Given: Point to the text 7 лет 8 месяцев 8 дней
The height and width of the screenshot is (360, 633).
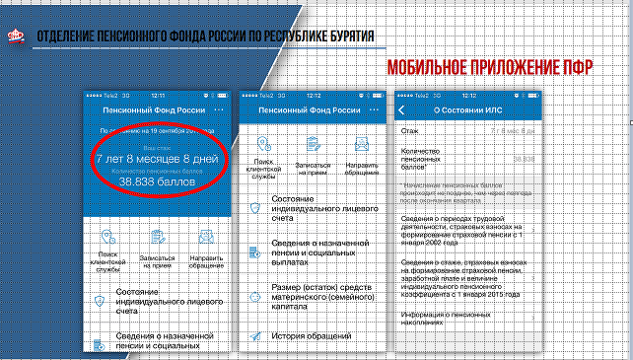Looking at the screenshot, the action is click(158, 158).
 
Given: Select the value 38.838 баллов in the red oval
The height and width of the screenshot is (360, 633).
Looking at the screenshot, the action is click(158, 181).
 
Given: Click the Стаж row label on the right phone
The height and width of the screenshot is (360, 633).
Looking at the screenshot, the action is click(409, 130).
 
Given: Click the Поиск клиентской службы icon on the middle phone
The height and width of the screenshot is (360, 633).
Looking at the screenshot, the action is click(264, 145).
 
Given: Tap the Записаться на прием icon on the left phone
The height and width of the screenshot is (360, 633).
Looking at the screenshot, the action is click(157, 238).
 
